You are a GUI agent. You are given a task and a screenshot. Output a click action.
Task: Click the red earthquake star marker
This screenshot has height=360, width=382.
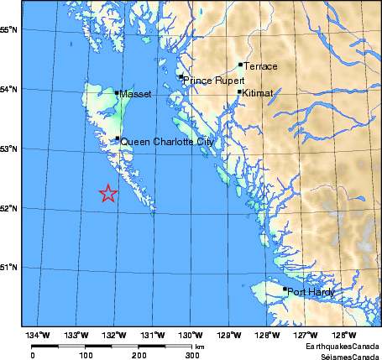coord(108,194)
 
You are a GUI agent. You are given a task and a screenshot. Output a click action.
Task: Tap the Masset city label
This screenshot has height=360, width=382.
coord(135,95)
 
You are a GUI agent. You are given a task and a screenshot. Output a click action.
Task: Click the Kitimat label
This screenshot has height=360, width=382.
coord(258,94)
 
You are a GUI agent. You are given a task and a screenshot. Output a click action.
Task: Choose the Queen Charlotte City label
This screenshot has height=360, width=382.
coord(168,143)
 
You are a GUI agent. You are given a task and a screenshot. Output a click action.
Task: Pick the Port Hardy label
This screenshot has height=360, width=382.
coord(311,292)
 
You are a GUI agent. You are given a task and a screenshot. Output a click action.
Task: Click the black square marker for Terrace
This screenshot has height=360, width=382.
coord(241,64)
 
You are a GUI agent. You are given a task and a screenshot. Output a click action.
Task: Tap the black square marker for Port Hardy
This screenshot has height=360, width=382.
coord(285,290)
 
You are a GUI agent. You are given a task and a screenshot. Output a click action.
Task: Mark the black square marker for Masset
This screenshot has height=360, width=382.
coord(118,92)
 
